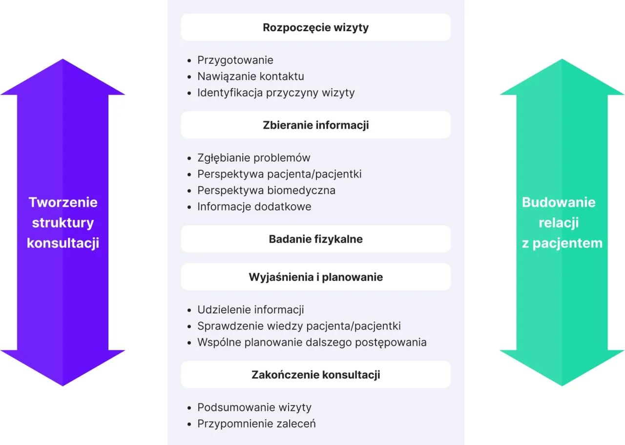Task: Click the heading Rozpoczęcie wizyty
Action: [315, 27]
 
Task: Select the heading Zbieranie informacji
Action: [315, 125]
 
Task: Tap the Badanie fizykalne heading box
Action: [315, 239]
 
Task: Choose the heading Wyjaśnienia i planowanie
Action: [315, 277]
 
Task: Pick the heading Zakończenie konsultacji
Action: [315, 375]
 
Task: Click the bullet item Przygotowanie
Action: [235, 60]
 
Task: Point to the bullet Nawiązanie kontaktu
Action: [250, 77]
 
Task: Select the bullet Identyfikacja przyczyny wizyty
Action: [276, 93]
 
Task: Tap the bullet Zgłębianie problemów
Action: [253, 158]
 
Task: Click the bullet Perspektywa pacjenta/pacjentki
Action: [279, 174]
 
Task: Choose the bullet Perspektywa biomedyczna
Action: [266, 190]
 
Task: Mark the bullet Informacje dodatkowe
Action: [254, 207]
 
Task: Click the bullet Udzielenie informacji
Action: [250, 310]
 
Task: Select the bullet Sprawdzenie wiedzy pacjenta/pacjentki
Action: [299, 326]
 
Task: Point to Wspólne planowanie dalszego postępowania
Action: [312, 342]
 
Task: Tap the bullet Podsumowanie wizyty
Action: [254, 407]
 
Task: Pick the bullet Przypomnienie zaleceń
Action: [256, 424]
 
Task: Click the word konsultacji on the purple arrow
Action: [63, 243]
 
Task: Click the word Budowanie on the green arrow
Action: [559, 202]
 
